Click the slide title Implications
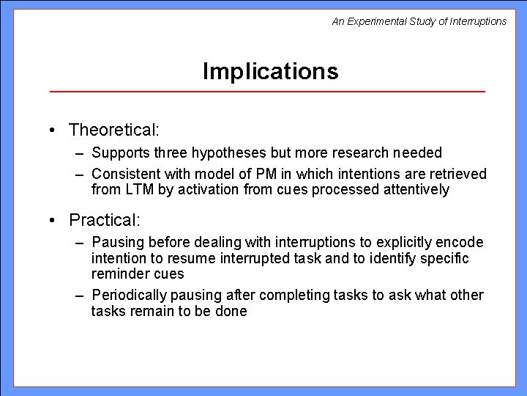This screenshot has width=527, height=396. (x=270, y=71)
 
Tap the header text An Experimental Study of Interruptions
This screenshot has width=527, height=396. (x=419, y=21)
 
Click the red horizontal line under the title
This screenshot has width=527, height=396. (x=267, y=92)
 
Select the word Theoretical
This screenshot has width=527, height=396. (x=113, y=130)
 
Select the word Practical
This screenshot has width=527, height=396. (x=104, y=219)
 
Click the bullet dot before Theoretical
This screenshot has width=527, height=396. (x=54, y=131)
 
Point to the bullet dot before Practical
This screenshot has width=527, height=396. (x=54, y=220)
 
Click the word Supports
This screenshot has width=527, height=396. (x=118, y=153)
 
